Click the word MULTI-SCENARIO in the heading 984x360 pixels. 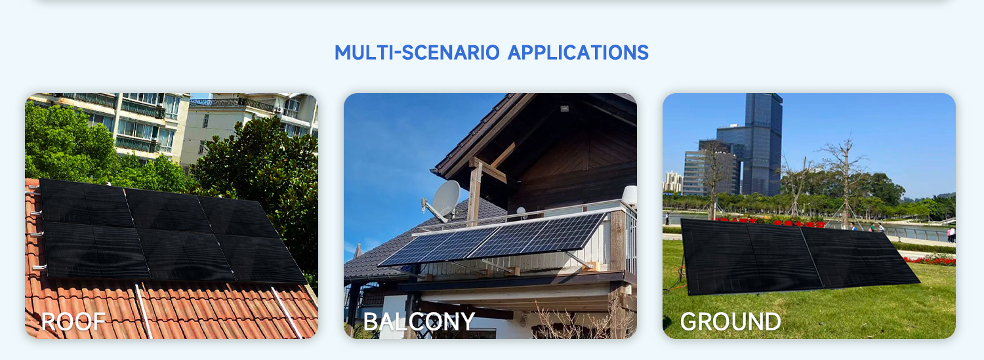point(417,52)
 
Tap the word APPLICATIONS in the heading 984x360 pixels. point(578,52)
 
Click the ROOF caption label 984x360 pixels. point(73,322)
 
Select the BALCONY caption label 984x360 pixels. point(419,322)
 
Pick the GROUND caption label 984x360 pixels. point(731,322)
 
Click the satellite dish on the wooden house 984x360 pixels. point(443,200)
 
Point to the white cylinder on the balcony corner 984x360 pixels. point(630,195)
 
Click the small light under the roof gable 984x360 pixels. point(564,108)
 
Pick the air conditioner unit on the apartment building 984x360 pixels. point(279,110)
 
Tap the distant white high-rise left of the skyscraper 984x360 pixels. point(673,182)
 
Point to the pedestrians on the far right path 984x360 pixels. point(951,234)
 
